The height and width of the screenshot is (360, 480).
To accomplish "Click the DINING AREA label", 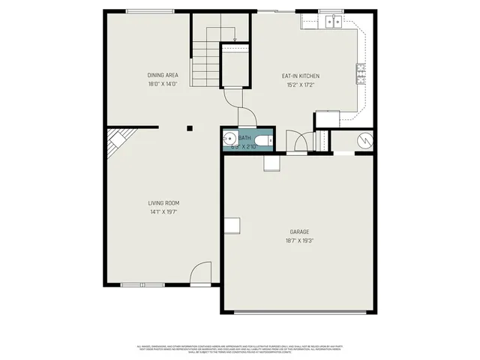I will click(162, 75).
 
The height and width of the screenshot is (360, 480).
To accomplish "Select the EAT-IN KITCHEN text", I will click(301, 76).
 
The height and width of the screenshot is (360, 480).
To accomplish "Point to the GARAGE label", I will click(299, 232).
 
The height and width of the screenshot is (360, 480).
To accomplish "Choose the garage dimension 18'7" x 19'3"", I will click(299, 241).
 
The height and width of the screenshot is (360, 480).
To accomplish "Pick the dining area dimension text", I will click(162, 85).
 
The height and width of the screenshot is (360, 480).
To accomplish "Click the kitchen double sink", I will click(334, 22).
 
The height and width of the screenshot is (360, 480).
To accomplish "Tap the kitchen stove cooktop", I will click(361, 73).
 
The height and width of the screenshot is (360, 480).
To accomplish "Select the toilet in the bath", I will click(263, 140).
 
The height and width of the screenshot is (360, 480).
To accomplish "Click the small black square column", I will click(190, 128).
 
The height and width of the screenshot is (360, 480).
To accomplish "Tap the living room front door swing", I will click(201, 275).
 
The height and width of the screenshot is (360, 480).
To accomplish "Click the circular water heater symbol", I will click(362, 140).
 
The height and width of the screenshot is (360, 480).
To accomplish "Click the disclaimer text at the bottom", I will click(240, 349).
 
